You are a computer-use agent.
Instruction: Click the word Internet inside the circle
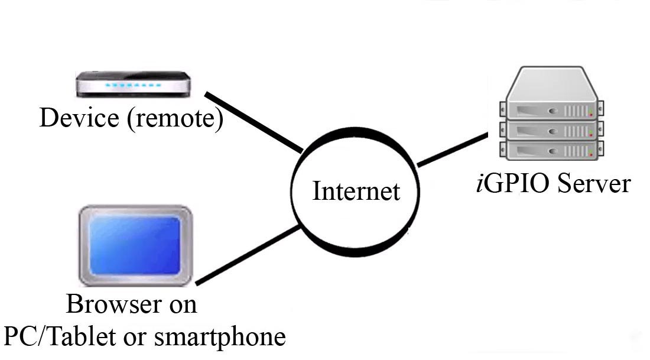coord(356,192)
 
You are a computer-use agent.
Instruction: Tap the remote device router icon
coord(134,83)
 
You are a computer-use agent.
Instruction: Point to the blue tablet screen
coord(136,245)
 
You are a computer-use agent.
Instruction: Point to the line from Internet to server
coord(452,148)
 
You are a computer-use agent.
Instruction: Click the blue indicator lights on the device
coord(133,86)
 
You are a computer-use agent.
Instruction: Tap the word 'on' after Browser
coord(184,305)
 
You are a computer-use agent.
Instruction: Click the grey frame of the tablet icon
coord(84,245)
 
